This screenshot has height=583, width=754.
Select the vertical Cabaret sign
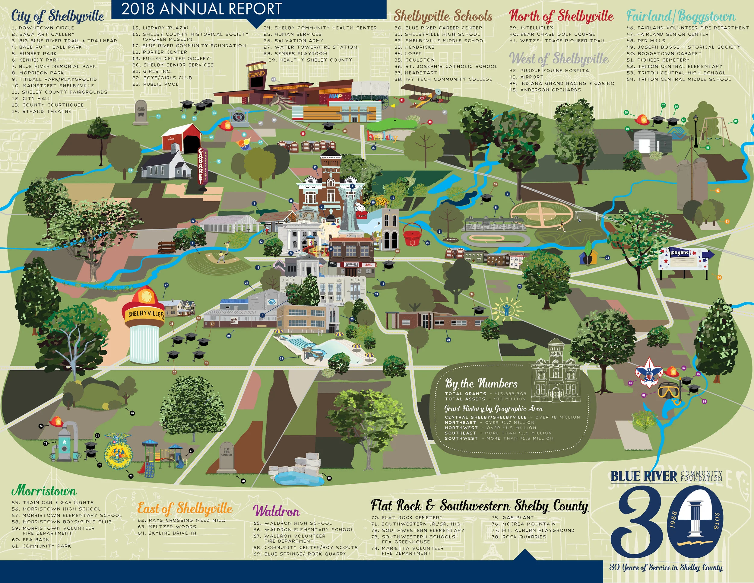[x=201, y=166]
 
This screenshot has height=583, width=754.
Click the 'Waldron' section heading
[x=277, y=511]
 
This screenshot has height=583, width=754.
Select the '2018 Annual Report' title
[x=201, y=9]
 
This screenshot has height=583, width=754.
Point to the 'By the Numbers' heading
[x=481, y=383]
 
